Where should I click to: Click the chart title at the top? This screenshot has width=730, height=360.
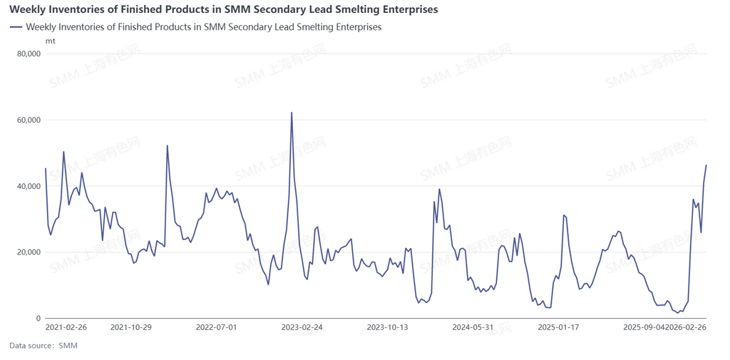point(223,10)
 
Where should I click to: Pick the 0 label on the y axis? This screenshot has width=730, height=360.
point(36,318)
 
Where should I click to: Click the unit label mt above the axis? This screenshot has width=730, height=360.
point(50,41)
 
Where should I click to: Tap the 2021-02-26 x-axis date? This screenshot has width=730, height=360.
point(66,327)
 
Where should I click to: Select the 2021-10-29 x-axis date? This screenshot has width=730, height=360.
point(131,327)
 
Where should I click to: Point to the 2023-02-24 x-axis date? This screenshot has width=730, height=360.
point(302,327)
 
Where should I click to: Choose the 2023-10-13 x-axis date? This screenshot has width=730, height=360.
point(387,327)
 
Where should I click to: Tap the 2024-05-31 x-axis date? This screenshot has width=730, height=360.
point(473,327)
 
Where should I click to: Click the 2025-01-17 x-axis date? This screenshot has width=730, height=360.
point(558,327)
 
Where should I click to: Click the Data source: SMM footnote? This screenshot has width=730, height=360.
point(43,346)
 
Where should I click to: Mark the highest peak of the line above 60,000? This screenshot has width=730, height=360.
point(292,112)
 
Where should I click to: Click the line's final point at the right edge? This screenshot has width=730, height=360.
point(706,165)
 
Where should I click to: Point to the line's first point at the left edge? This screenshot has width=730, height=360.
point(46,169)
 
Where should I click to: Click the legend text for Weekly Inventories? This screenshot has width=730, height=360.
point(203,27)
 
